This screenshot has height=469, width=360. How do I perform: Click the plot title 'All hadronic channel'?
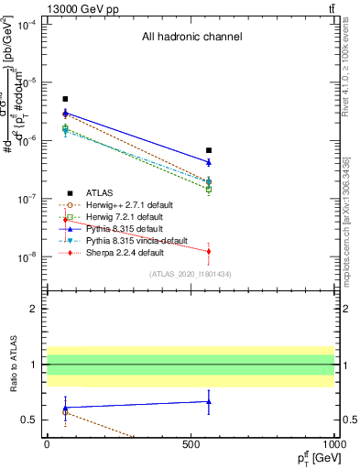point(191,38)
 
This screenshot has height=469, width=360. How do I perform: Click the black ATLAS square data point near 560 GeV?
point(209,150)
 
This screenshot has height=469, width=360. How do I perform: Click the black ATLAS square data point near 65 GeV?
point(65,99)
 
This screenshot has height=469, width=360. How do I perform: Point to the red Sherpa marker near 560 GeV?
point(209,251)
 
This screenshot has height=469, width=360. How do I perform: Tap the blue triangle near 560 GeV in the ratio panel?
point(209,401)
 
